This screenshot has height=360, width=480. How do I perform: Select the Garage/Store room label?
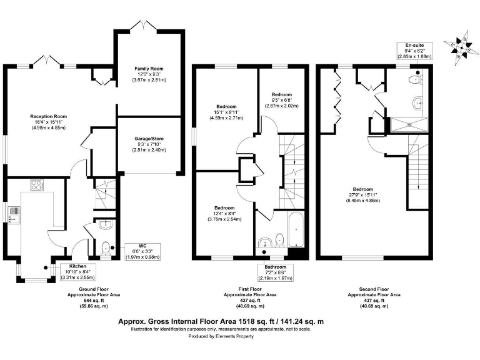tap(148, 144)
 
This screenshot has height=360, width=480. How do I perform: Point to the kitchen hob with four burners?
tap(36, 186)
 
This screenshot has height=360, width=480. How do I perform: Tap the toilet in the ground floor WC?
tap(105, 246)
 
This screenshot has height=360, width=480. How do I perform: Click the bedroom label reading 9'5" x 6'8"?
tap(281, 100)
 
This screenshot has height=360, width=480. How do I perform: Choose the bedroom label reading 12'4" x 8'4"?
tap(224, 213)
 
